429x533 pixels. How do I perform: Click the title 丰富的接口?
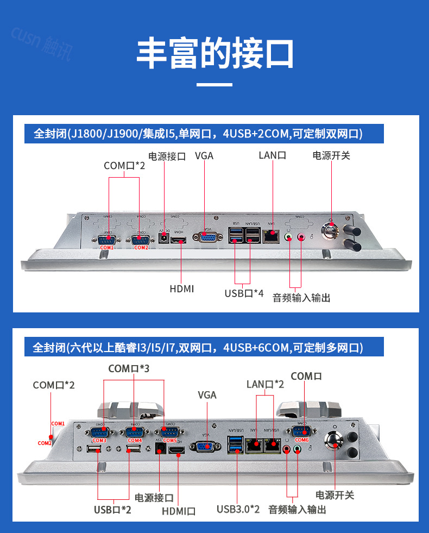click(214, 53)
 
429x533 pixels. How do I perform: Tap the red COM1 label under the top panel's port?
click(106, 248)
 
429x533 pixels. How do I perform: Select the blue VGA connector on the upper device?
click(207, 236)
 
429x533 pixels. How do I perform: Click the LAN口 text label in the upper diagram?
click(272, 155)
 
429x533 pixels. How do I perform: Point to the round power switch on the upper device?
click(331, 231)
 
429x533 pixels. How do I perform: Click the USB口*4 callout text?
click(244, 293)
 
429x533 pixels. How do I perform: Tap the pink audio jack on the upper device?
click(301, 237)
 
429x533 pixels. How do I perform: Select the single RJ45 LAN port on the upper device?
click(270, 236)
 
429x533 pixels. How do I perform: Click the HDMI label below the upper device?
click(181, 289)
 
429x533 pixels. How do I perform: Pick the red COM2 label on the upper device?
click(141, 248)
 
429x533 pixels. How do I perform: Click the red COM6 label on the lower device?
click(302, 440)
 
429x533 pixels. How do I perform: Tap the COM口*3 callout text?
click(129, 369)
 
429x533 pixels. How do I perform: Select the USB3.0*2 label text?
click(238, 510)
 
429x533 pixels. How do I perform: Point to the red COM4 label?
click(134, 440)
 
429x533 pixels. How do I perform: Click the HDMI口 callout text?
click(179, 511)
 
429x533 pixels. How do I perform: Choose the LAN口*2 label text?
click(265, 385)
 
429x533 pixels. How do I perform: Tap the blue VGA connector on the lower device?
click(206, 447)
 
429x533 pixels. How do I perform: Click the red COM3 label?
click(99, 440)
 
